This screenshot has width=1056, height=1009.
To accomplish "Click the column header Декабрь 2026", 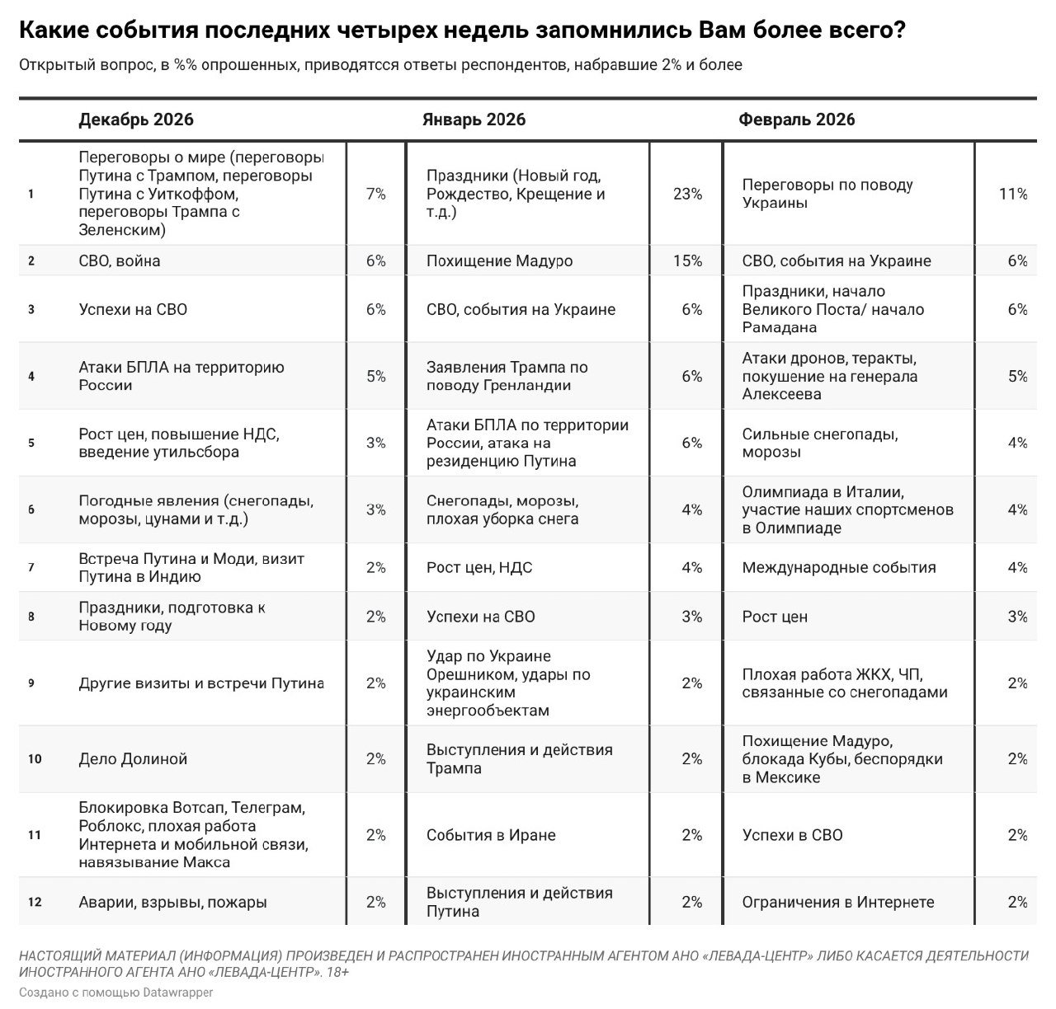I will [x=136, y=120].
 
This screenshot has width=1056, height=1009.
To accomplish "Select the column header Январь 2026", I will [x=474, y=120].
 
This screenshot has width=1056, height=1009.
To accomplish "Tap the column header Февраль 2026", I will [x=796, y=120].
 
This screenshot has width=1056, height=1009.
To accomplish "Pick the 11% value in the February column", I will [x=1013, y=195].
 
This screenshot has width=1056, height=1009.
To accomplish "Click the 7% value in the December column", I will [x=375, y=195].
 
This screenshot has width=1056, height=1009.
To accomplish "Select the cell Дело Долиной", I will [x=133, y=759].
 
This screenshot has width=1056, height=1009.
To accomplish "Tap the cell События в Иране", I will [x=491, y=835].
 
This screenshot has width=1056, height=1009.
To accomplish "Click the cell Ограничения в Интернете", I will [x=837, y=902].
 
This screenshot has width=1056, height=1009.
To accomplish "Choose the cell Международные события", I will [x=838, y=567].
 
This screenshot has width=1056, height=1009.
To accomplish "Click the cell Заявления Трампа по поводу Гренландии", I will [x=507, y=377].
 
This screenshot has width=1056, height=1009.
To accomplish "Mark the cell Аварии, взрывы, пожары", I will [x=172, y=902].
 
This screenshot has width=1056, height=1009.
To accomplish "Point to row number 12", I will [x=34, y=902].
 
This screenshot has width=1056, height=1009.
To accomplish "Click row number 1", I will [x=31, y=195].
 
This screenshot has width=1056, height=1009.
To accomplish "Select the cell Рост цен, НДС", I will [x=478, y=567].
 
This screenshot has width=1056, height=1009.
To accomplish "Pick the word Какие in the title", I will [x=51, y=31].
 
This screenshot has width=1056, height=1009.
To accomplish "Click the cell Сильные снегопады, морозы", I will [x=819, y=443].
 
